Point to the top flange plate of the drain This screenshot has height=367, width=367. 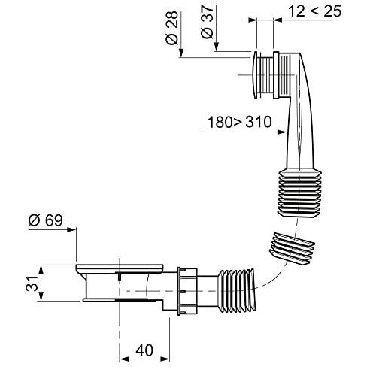(120, 267)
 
